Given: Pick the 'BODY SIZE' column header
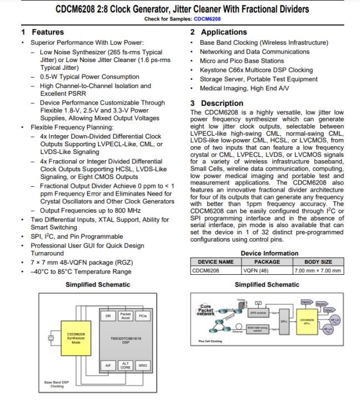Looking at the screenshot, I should pyautogui.click(x=318, y=262).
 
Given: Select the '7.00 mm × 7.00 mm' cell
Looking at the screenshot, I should pyautogui.click(x=318, y=270).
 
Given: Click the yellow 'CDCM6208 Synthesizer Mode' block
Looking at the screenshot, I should pyautogui.click(x=76, y=337).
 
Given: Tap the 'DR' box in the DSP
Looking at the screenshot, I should pyautogui.click(x=109, y=316).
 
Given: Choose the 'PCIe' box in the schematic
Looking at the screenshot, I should pyautogui.click(x=142, y=316).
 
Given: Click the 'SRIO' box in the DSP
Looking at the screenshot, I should pyautogui.click(x=142, y=366).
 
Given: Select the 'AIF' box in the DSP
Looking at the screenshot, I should pyautogui.click(x=109, y=366).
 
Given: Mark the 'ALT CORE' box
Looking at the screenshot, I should pyautogui.click(x=126, y=366).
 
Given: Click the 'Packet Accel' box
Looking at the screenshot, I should pyautogui.click(x=126, y=316).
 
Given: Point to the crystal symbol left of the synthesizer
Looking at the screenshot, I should pyautogui.click(x=52, y=337).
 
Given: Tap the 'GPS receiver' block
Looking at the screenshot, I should pyautogui.click(x=256, y=312).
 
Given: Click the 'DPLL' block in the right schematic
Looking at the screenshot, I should pyautogui.click(x=284, y=321).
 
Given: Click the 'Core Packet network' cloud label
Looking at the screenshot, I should pyautogui.click(x=206, y=310).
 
